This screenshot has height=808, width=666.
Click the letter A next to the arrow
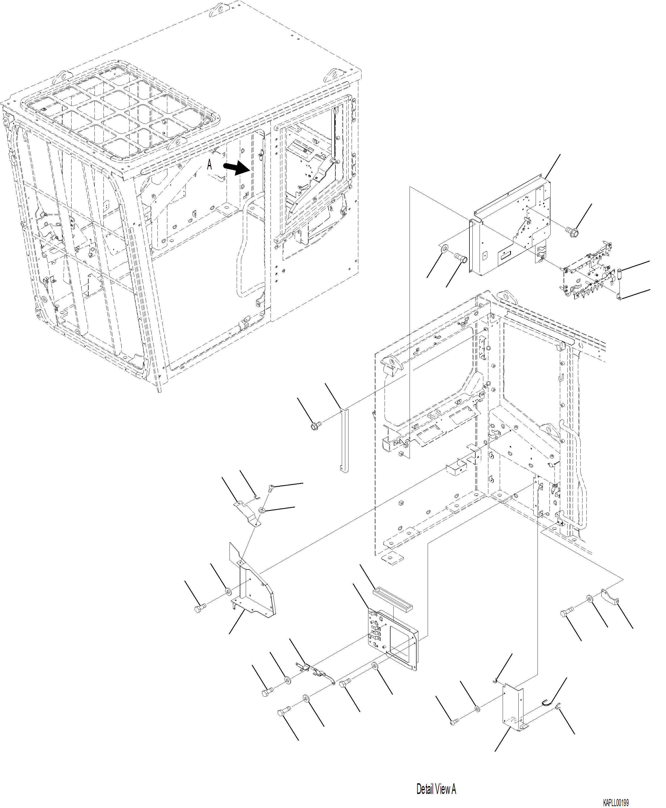coord(209,165)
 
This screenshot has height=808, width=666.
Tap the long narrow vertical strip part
coord(344,441)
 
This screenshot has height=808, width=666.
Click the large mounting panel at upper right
coord(510,226)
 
